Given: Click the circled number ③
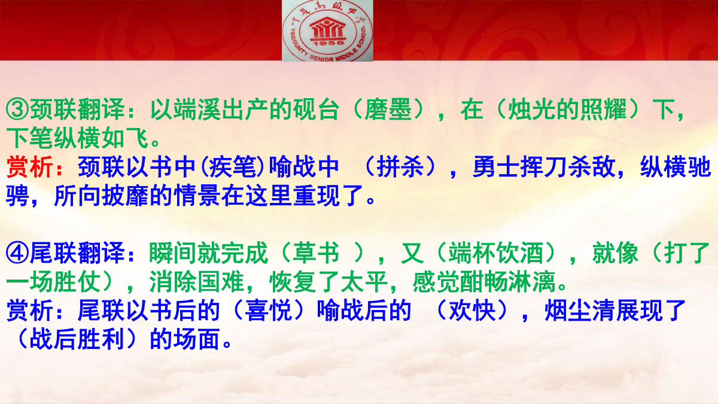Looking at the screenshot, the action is pos(17,110).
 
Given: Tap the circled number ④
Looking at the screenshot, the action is pos(17,253).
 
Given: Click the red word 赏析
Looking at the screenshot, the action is pos(30,167).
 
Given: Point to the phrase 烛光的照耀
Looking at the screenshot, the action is pos(568,110).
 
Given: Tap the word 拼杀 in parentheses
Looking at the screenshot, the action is pos(400,167).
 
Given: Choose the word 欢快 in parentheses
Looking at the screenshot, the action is pos(472,311).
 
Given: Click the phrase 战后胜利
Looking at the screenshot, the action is pos(77,339).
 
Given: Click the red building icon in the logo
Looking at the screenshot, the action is pos(327,28).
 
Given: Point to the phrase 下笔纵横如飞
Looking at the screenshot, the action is pos(77,138).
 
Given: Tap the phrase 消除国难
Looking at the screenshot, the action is pos(197,282).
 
